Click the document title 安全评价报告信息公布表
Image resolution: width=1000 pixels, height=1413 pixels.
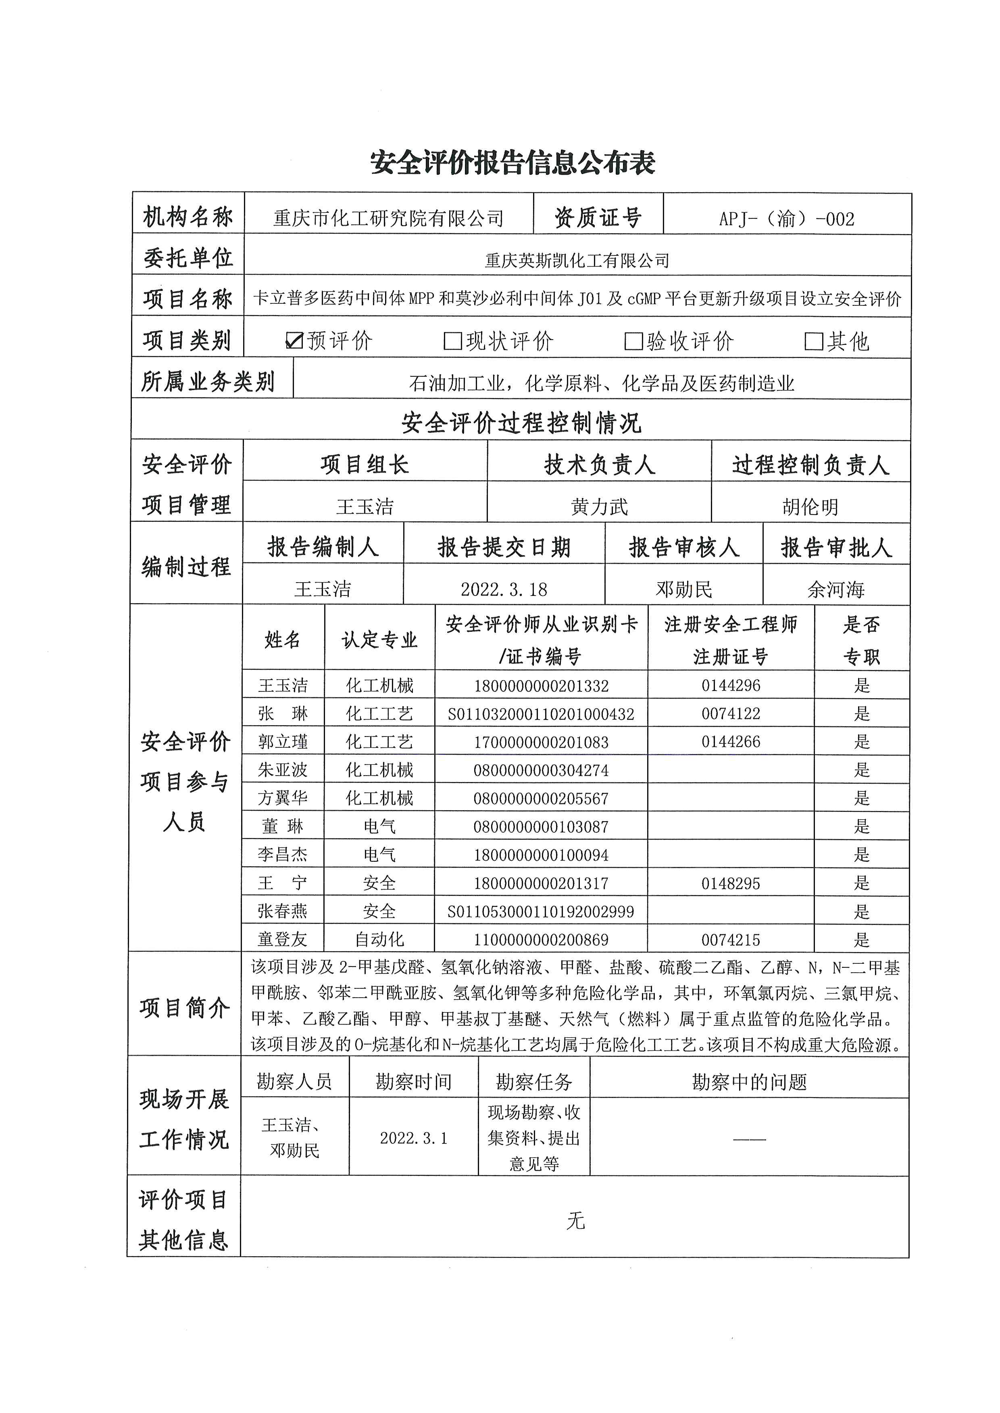(512, 163)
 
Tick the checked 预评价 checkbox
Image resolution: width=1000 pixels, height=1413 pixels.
(295, 340)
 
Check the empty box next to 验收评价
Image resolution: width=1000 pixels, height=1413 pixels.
(633, 341)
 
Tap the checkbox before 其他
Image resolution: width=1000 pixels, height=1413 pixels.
(813, 341)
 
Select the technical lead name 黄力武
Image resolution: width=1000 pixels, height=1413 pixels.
(599, 506)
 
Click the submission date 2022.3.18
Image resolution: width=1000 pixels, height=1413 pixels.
(504, 589)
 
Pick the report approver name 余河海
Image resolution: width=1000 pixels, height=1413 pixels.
(835, 589)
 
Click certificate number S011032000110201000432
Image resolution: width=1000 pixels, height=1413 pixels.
(541, 714)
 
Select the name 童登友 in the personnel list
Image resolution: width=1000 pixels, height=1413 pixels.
(283, 940)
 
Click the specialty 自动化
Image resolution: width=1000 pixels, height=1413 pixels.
(379, 940)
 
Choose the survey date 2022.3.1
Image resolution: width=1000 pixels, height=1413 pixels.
(413, 1138)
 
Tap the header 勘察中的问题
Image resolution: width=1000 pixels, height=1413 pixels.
(749, 1082)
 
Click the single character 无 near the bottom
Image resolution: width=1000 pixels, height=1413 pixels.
(575, 1220)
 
